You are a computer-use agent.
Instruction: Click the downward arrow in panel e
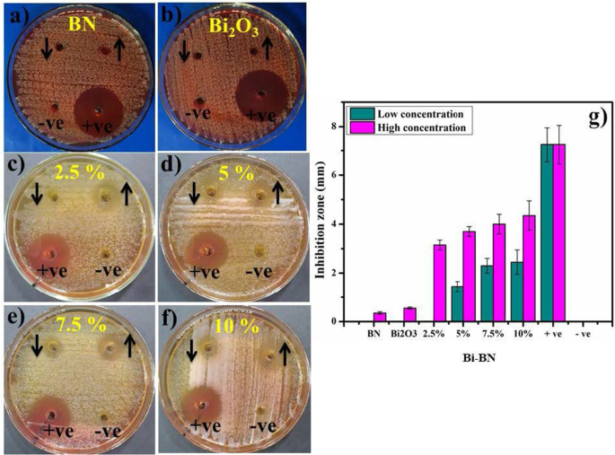(36, 346)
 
